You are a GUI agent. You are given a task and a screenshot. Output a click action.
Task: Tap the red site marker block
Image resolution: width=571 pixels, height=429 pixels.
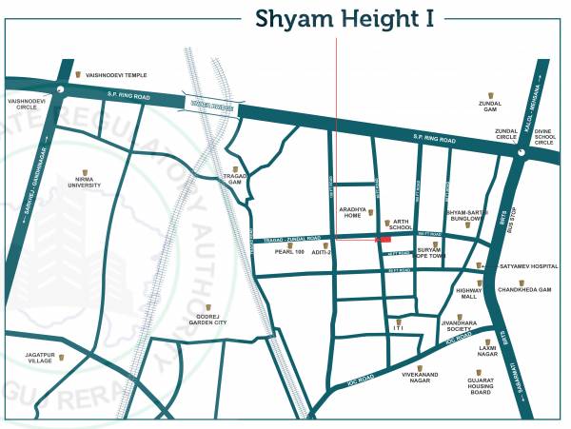pyautogui.click(x=385, y=241)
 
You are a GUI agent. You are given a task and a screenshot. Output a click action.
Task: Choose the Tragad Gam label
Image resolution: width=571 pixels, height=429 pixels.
pyautogui.click(x=235, y=178)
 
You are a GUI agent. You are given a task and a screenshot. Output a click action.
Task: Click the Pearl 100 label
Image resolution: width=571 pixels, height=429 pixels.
pyautogui.click(x=288, y=252)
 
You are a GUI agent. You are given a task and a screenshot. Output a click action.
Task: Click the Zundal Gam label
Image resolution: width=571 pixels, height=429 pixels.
pyautogui.click(x=491, y=109)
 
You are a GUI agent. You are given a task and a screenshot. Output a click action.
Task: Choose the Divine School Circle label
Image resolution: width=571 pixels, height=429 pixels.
pyautogui.click(x=544, y=138)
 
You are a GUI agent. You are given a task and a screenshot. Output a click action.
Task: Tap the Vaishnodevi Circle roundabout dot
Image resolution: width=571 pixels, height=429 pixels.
pyautogui.click(x=60, y=88)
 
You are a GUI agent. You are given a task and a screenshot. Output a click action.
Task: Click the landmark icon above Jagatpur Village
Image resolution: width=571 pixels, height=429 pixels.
pyautogui.click(x=63, y=358)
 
